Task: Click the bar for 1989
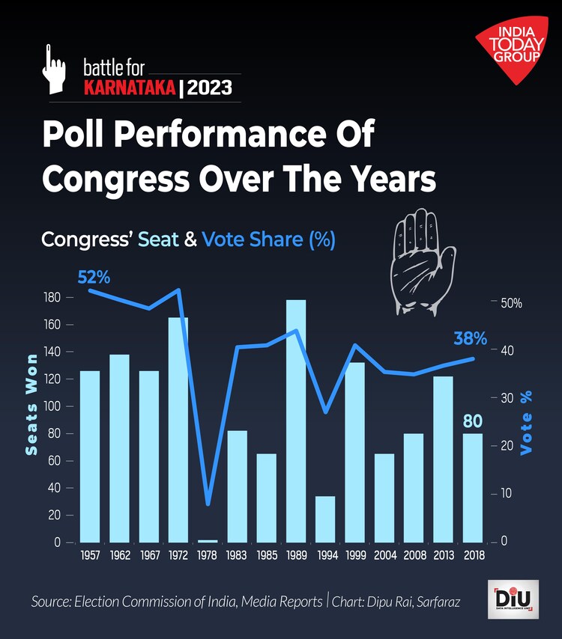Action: pyautogui.click(x=296, y=421)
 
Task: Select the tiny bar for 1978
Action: pyautogui.click(x=208, y=540)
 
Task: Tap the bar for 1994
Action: pyautogui.click(x=325, y=519)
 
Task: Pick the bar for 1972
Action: pyautogui.click(x=178, y=429)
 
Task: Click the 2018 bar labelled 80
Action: pyautogui.click(x=472, y=487)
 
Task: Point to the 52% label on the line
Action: pyautogui.click(x=94, y=277)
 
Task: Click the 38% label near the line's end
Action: pyautogui.click(x=470, y=338)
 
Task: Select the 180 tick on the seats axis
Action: pyautogui.click(x=52, y=298)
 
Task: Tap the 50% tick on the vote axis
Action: pyautogui.click(x=512, y=304)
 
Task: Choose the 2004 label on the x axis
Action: pyautogui.click(x=384, y=556)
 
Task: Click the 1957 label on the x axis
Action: pyautogui.click(x=90, y=556)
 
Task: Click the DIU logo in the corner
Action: pyautogui.click(x=512, y=599)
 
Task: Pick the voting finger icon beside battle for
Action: pyautogui.click(x=55, y=69)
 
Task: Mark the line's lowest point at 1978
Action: pyautogui.click(x=208, y=504)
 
